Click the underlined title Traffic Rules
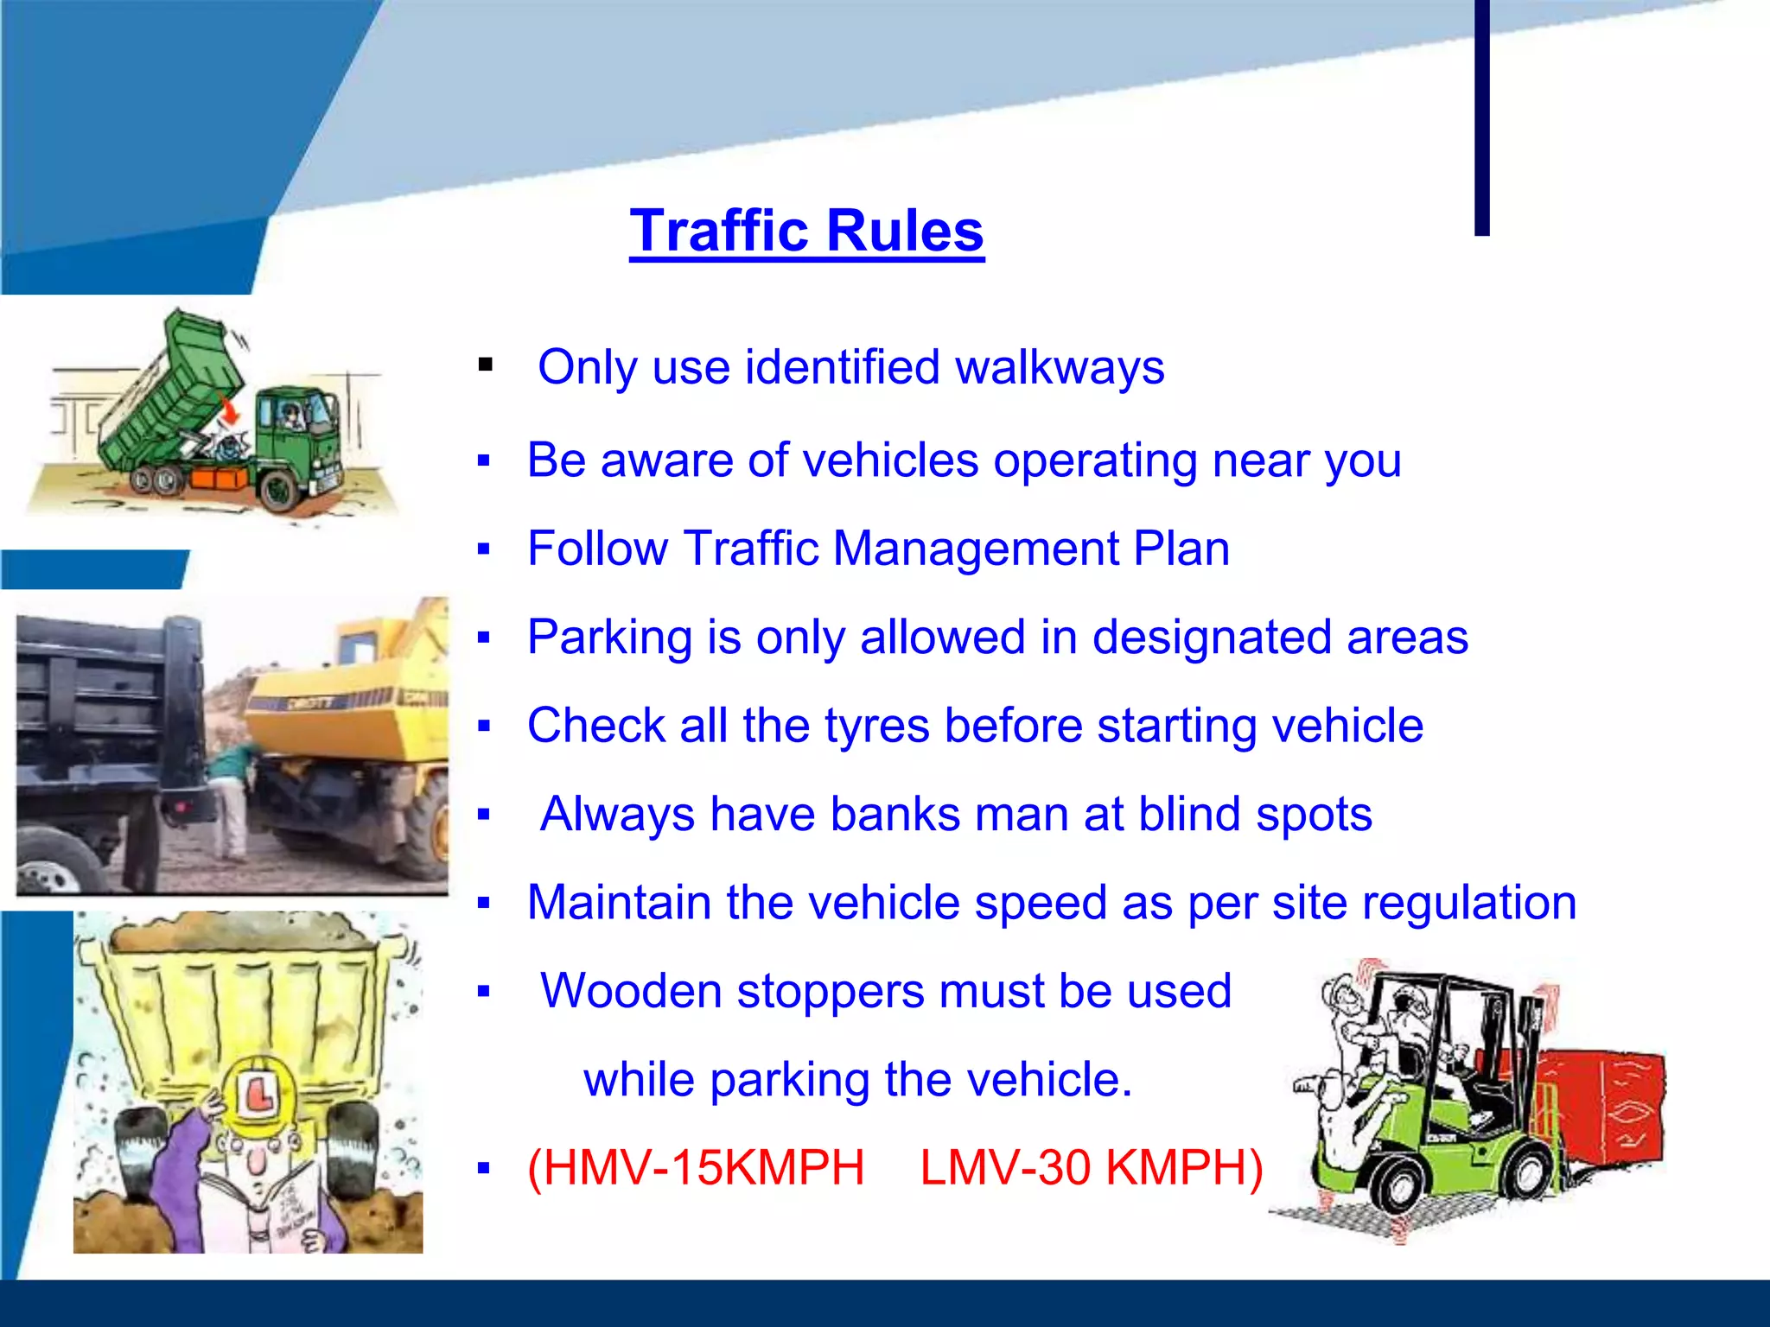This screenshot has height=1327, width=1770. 806,231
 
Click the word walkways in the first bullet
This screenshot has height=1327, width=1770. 1059,367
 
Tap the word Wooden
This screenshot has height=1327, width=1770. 631,991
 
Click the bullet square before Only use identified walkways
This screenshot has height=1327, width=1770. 485,365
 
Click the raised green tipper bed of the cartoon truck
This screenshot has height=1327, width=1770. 173,389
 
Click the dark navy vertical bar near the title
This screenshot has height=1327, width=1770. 1481,117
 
